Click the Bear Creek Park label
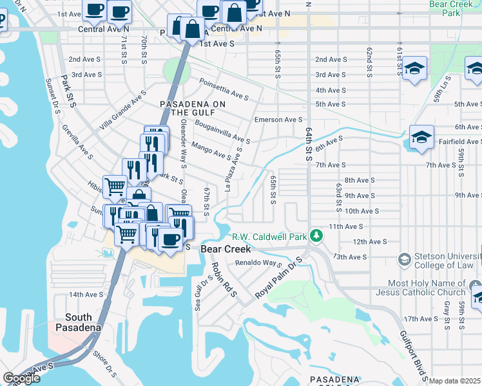tap(451, 8)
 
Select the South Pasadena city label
tap(82, 322)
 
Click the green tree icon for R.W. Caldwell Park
tap(316, 236)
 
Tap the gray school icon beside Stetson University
tap(405, 259)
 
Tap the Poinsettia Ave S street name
tap(224, 90)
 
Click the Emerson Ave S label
tap(278, 120)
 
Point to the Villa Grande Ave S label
tap(122, 111)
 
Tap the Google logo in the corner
tap(21, 378)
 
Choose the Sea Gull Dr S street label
tap(201, 293)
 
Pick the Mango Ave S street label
tap(211, 151)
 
